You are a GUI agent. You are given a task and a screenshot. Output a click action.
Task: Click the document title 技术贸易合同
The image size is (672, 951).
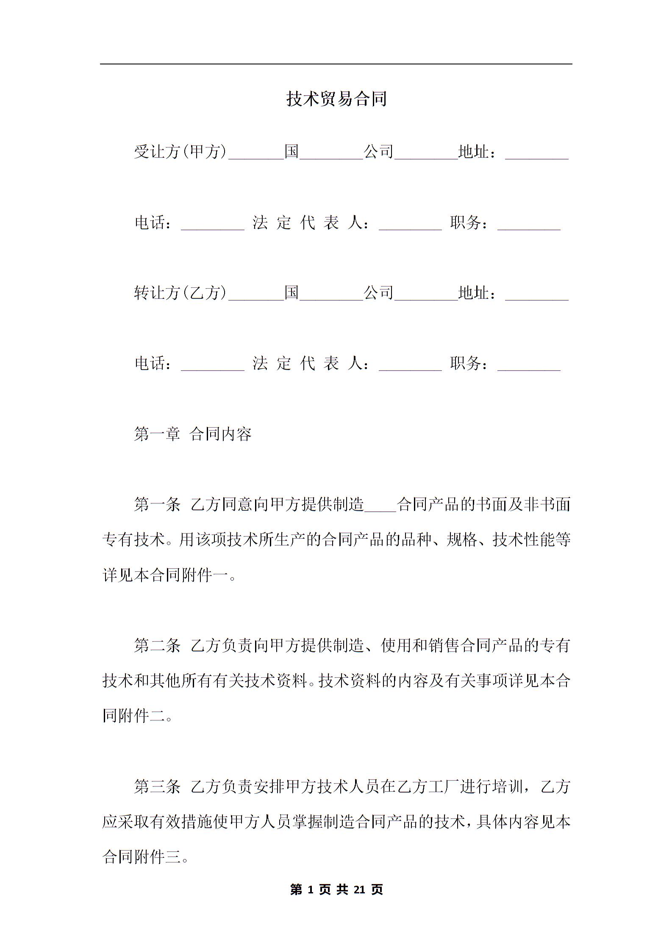pyautogui.click(x=336, y=99)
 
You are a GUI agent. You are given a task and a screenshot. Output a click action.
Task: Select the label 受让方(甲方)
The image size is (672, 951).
pyautogui.click(x=180, y=151)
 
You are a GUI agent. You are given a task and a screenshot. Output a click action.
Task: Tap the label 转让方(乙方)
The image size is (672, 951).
pyautogui.click(x=180, y=292)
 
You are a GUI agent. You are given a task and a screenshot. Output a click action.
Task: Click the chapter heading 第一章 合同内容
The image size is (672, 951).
pyautogui.click(x=193, y=434)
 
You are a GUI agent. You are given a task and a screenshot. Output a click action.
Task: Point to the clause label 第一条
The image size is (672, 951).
pyautogui.click(x=157, y=504)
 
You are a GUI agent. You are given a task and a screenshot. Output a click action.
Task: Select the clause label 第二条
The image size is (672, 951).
pyautogui.click(x=157, y=645)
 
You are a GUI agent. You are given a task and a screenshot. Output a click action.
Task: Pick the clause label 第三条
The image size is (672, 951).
pyautogui.click(x=157, y=787)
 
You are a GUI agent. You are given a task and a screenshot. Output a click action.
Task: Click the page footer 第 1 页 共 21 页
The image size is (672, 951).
pyautogui.click(x=336, y=889)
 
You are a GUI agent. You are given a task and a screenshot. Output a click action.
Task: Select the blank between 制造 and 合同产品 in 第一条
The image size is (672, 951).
pyautogui.click(x=380, y=508)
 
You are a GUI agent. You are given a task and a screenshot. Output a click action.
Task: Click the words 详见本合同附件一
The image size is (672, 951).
pyautogui.click(x=165, y=575)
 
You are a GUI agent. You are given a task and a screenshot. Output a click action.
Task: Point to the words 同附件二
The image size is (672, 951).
pyautogui.click(x=133, y=716)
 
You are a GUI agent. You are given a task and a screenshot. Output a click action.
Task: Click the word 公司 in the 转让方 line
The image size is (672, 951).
pyautogui.click(x=379, y=292)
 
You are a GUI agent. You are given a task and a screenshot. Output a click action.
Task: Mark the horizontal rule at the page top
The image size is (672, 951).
pyautogui.click(x=336, y=64)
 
